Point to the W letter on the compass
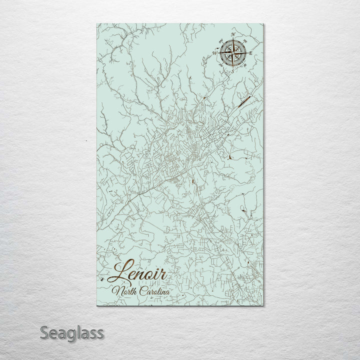[x=214, y=51]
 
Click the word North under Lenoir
[x=125, y=291]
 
